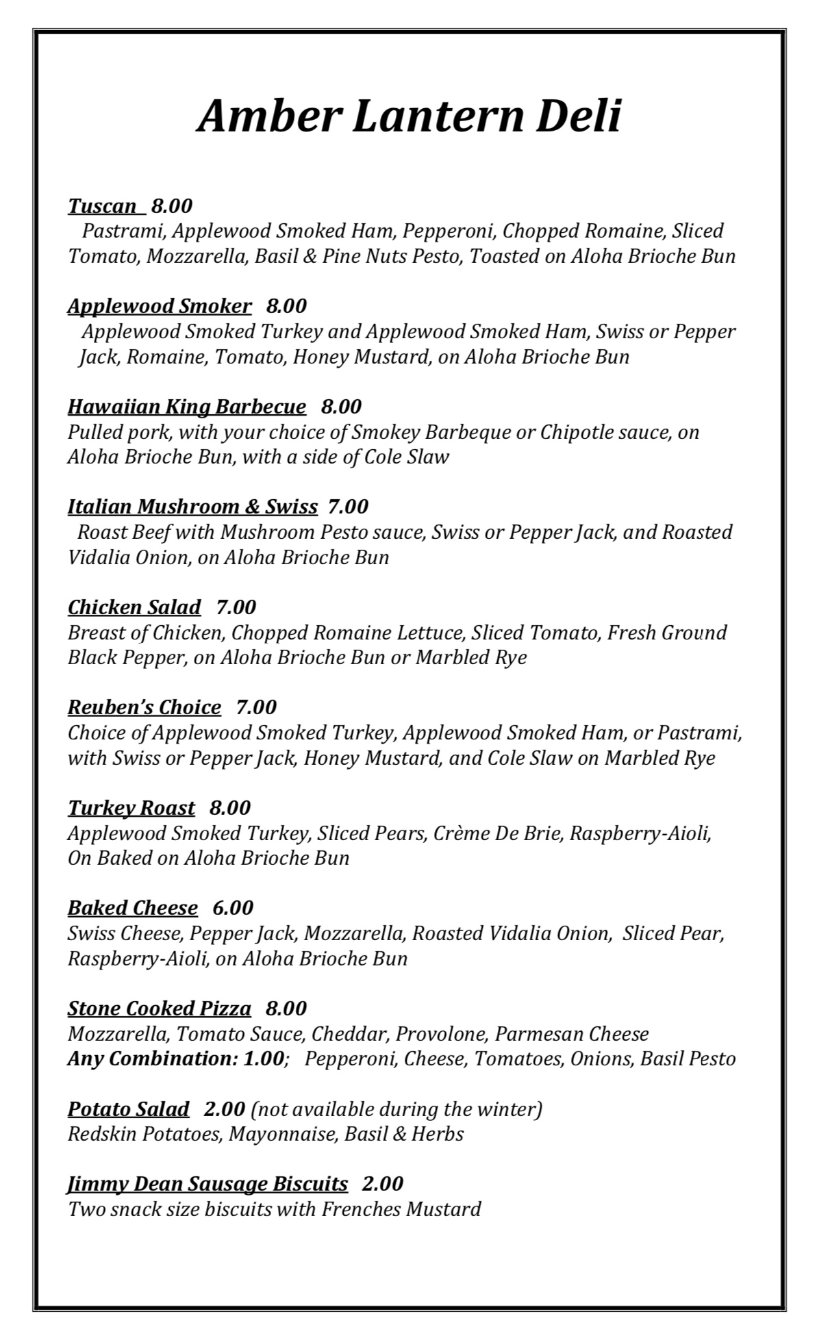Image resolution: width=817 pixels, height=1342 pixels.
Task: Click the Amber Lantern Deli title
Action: tap(409, 116)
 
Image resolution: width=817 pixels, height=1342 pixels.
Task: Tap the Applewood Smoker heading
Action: tap(160, 305)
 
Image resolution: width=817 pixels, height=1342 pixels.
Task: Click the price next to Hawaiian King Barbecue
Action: tap(341, 406)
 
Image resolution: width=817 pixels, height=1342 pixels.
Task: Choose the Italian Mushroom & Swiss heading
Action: tap(192, 506)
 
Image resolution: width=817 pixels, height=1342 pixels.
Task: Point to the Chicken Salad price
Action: tap(236, 607)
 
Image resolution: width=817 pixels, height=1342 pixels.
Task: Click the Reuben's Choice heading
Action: tap(144, 707)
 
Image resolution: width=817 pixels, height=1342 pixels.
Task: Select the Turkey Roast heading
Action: tap(131, 807)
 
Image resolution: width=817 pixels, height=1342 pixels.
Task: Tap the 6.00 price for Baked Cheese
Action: tap(233, 907)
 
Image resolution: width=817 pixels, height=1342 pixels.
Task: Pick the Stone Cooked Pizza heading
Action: tap(160, 1008)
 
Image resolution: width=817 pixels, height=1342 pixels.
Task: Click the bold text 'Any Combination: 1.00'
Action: tap(175, 1059)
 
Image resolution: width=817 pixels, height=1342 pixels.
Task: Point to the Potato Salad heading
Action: tap(128, 1109)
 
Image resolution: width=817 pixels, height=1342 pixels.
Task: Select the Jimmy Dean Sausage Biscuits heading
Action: tap(208, 1183)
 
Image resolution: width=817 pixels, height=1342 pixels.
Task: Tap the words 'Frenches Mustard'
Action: tap(401, 1208)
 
